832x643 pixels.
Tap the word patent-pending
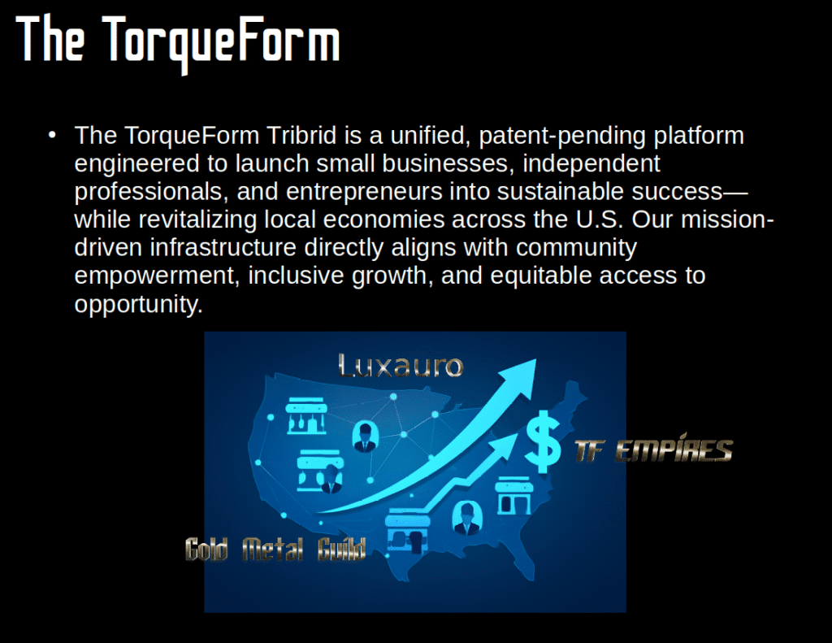562,137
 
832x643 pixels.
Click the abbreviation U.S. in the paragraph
600,219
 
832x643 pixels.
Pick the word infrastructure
223,247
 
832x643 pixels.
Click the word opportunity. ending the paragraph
138,305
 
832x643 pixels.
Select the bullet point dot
52,136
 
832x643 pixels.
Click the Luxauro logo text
401,367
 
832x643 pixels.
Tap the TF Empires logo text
654,450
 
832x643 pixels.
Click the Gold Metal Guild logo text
275,549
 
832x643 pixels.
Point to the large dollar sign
542,441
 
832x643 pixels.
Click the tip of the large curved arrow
536,359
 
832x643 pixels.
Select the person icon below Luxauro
365,437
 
